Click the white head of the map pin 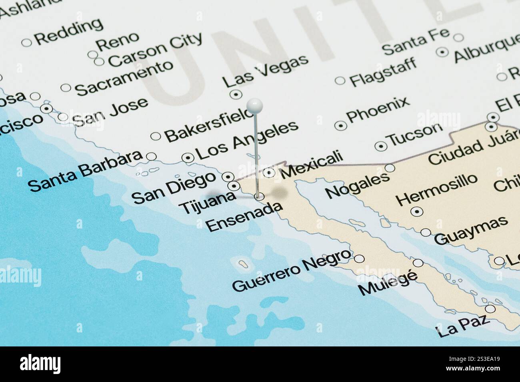(254, 106)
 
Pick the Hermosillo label (437, 189)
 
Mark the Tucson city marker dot (380, 145)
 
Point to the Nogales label (357, 185)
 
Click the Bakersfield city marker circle (156, 136)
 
